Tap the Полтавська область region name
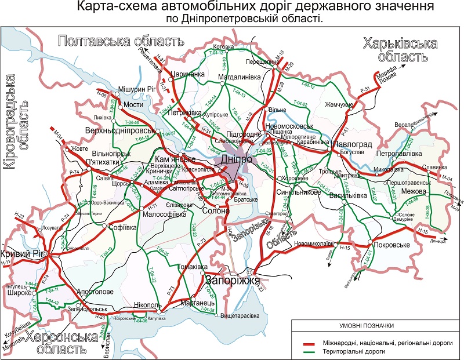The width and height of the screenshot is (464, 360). pyautogui.click(x=121, y=41)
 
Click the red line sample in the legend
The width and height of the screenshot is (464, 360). pyautogui.click(x=311, y=343)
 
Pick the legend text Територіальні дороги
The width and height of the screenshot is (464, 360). pyautogui.click(x=371, y=351)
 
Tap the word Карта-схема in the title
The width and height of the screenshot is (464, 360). pyautogui.click(x=111, y=8)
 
